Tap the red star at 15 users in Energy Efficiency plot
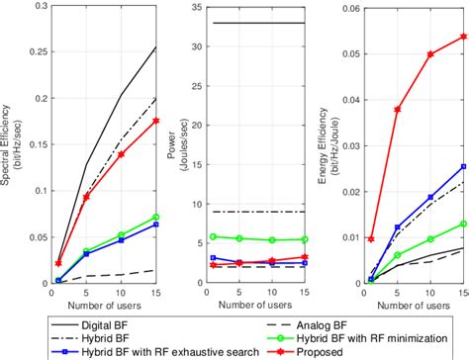pyautogui.click(x=463, y=37)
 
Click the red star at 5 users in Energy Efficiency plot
pyautogui.click(x=398, y=109)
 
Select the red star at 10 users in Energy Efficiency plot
pyautogui.click(x=430, y=54)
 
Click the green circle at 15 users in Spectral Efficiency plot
pyautogui.click(x=154, y=217)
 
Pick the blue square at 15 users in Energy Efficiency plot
pyautogui.click(x=463, y=167)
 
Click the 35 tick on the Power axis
pyautogui.click(x=199, y=6)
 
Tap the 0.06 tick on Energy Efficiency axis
pyautogui.click(x=350, y=6)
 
